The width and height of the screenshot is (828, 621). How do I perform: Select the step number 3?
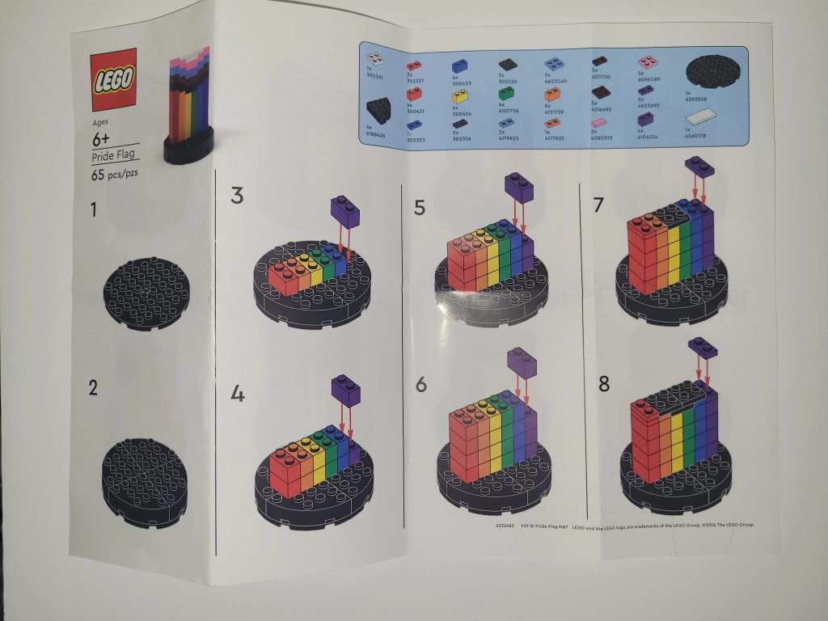pos(237,195)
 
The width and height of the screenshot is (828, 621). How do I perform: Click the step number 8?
pos(603,383)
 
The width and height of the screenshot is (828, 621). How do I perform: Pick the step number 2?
pos(94,387)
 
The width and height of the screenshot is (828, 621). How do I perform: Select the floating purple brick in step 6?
pos(522,361)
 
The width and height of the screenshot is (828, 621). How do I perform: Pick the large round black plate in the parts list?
pos(713,71)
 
